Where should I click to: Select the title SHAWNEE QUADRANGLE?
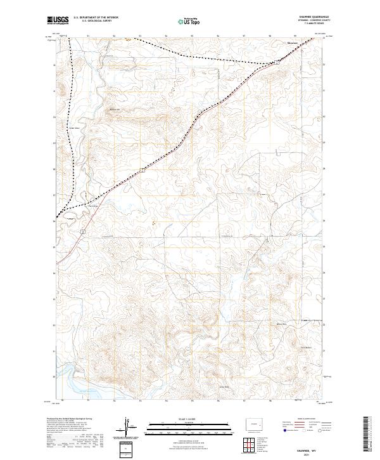pos(308,17)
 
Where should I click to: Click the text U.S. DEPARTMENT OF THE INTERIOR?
pos(96,18)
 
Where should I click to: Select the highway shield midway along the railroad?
pos(144,170)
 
